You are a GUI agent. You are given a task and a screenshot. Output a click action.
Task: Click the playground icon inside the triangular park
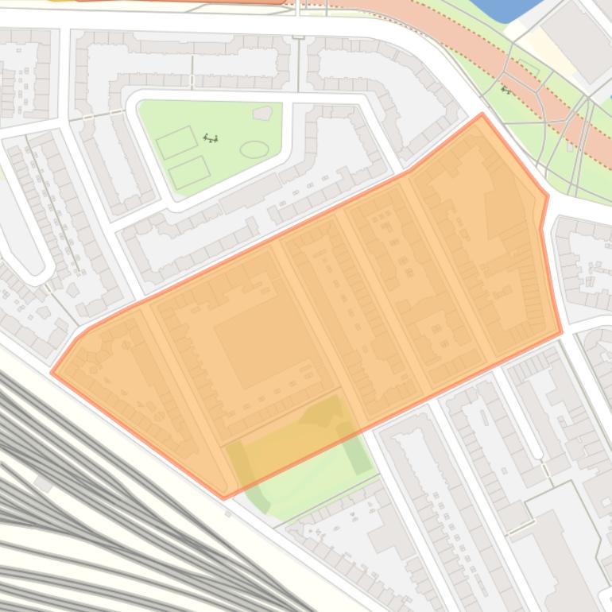click(x=211, y=138)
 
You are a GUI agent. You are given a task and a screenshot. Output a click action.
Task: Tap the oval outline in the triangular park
click(x=254, y=149)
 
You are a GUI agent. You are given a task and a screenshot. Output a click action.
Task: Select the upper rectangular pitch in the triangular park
click(x=176, y=142)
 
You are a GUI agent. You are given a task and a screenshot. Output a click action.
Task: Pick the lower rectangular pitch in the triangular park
click(x=189, y=172)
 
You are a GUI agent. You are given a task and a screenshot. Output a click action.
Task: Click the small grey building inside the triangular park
click(x=261, y=114)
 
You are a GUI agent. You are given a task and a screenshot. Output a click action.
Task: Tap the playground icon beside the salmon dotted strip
click(x=505, y=91)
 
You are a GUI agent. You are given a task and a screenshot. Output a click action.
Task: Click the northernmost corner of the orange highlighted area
click(x=482, y=114)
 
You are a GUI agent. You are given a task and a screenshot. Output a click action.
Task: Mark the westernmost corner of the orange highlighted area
click(x=52, y=371)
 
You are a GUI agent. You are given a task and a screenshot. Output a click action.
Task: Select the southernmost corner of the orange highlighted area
click(x=223, y=498)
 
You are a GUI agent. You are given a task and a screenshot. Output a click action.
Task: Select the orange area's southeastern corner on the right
click(x=561, y=332)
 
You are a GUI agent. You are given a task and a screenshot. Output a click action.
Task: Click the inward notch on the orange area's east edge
click(x=542, y=228)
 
